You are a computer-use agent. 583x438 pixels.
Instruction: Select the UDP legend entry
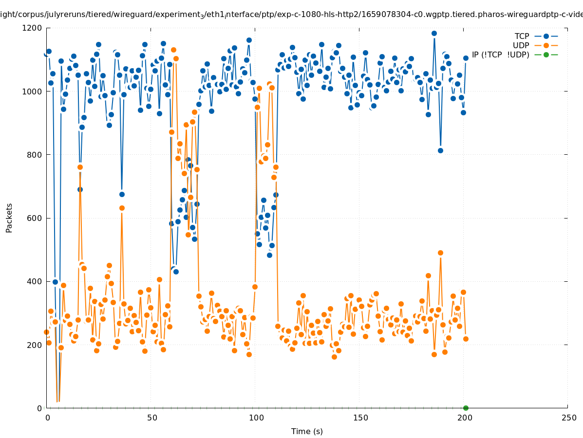coord(521,45)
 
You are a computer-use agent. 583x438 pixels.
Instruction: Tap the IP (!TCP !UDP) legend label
coord(500,55)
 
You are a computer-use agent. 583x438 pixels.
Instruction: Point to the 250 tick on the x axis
coord(568,418)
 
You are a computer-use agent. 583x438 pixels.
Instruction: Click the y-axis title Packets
coord(9,218)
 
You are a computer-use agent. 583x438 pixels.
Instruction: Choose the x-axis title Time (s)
coord(307,431)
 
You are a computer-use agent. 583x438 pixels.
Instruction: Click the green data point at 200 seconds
coord(466,408)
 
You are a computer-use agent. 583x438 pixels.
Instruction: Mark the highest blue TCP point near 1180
coord(434,34)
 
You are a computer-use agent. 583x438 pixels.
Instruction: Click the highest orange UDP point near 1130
coord(173,50)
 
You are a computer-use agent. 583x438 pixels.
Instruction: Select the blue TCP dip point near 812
coord(440,150)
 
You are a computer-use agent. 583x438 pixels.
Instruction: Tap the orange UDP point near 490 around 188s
coord(440,253)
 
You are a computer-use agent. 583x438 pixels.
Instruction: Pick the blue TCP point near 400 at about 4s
coord(55,282)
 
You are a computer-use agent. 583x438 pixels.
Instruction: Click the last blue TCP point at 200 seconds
coord(466,58)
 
